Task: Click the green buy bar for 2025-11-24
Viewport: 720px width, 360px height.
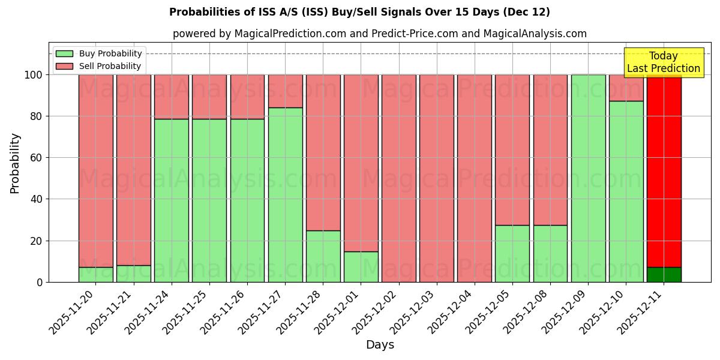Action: point(172,200)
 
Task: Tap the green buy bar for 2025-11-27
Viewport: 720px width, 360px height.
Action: point(286,194)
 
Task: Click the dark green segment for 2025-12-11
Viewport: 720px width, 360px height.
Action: point(664,275)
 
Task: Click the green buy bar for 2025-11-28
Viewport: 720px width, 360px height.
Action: point(323,256)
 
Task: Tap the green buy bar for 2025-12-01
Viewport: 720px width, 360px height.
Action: point(361,266)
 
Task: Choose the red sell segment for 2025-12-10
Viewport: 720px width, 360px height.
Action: point(626,88)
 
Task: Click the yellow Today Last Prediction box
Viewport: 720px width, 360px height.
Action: point(664,62)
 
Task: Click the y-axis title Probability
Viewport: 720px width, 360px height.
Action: point(16,163)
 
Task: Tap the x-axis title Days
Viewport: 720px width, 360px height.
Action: point(380,345)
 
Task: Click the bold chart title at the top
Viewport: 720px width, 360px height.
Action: point(359,12)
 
